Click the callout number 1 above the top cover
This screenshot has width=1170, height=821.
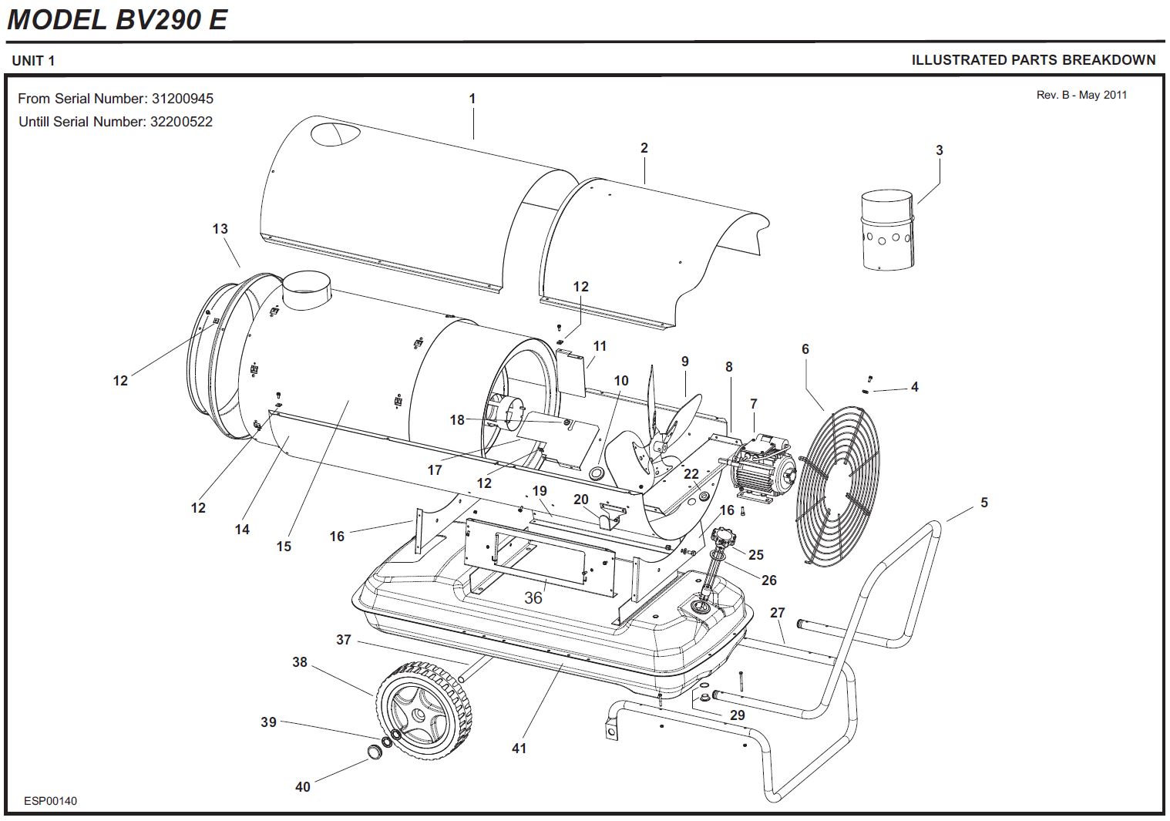[472, 99]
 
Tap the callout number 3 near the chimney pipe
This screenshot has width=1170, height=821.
[939, 150]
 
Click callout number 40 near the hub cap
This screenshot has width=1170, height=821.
[303, 786]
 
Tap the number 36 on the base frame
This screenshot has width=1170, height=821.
[533, 597]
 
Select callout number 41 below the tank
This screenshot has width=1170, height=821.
[519, 748]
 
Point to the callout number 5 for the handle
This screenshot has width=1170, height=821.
[984, 503]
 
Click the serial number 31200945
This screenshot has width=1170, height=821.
[183, 99]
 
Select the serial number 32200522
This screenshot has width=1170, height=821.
[181, 122]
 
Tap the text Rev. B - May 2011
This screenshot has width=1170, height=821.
[1081, 95]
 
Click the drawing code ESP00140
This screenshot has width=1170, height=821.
[50, 801]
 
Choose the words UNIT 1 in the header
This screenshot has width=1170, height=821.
[33, 60]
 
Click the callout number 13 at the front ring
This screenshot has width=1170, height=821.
[220, 229]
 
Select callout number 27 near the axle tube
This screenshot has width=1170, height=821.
[777, 613]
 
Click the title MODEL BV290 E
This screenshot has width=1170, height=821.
[117, 19]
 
